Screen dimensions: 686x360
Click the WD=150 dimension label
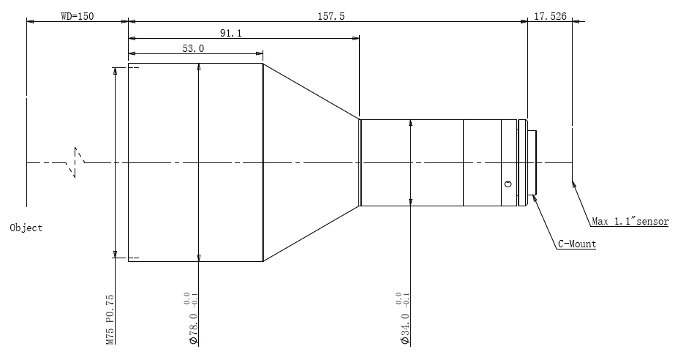pyautogui.click(x=77, y=16)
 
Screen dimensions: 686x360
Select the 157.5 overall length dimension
pyautogui.click(x=331, y=16)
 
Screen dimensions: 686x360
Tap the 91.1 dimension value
pyautogui.click(x=230, y=33)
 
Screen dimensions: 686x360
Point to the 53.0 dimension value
pyautogui.click(x=193, y=48)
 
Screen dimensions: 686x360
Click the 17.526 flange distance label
pyautogui.click(x=550, y=16)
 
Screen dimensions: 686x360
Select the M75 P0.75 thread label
pyautogui.click(x=110, y=319)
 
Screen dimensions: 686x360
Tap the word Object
pyautogui.click(x=26, y=228)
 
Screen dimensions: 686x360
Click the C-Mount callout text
pyautogui.click(x=577, y=244)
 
